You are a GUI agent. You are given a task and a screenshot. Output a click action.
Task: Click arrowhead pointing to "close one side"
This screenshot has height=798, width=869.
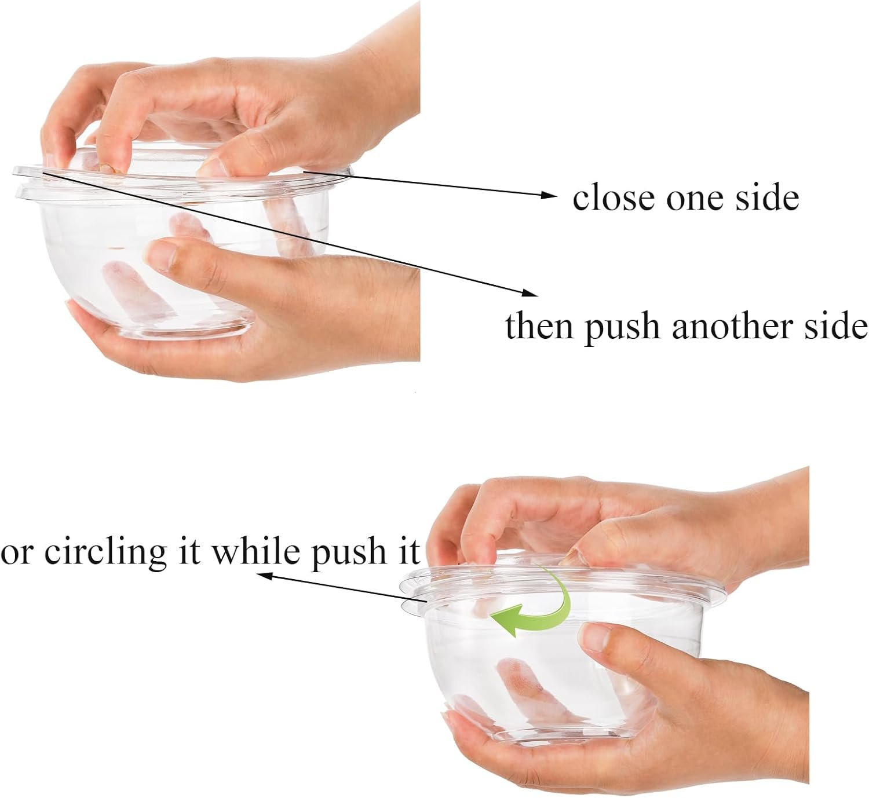click(x=550, y=195)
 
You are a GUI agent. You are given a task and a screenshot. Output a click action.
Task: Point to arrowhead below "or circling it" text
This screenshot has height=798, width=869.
click(x=264, y=575)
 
